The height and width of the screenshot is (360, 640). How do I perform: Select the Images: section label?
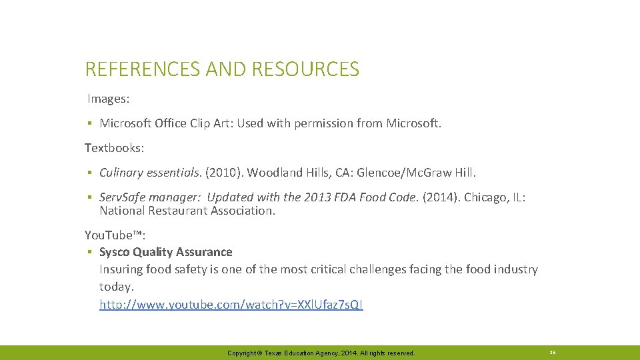click(x=109, y=99)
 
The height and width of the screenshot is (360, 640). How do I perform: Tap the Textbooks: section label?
click(x=113, y=147)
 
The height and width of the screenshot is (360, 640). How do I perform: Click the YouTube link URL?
click(x=231, y=305)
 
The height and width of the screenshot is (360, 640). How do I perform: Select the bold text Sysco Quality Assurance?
click(x=166, y=252)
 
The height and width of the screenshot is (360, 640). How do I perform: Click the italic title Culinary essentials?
click(x=150, y=173)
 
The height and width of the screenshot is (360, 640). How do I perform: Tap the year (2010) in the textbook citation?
click(x=224, y=173)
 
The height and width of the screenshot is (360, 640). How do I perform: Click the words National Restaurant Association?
click(x=187, y=211)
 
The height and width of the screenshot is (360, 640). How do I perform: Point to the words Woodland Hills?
click(x=291, y=173)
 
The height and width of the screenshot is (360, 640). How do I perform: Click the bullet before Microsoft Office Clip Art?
click(x=89, y=123)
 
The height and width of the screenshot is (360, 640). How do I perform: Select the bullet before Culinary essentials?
click(x=89, y=173)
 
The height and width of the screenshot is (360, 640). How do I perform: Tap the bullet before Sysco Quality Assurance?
click(x=89, y=252)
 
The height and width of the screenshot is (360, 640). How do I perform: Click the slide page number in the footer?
click(x=552, y=352)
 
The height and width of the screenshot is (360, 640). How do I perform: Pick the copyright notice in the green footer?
click(x=321, y=353)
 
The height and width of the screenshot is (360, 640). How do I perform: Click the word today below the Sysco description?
click(x=117, y=287)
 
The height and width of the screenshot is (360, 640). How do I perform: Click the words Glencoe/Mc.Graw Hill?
click(x=417, y=173)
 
